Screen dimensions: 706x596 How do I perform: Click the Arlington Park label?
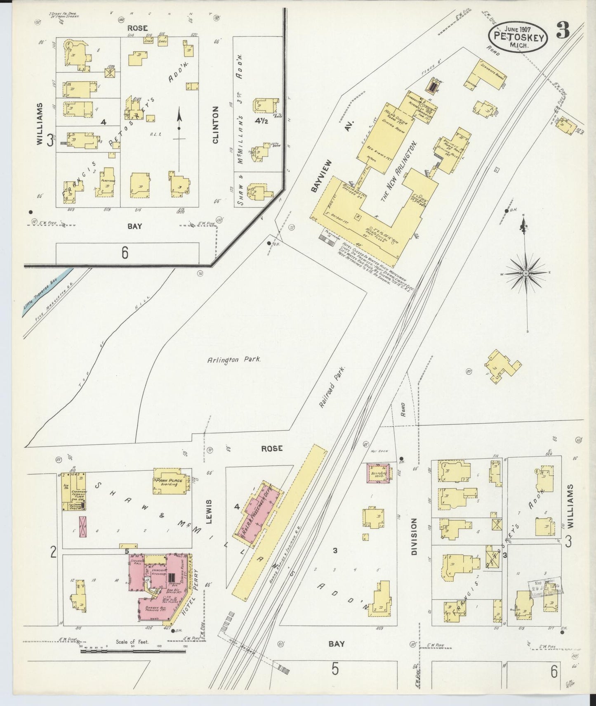click(x=234, y=360)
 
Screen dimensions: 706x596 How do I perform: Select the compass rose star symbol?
click(x=526, y=273)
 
